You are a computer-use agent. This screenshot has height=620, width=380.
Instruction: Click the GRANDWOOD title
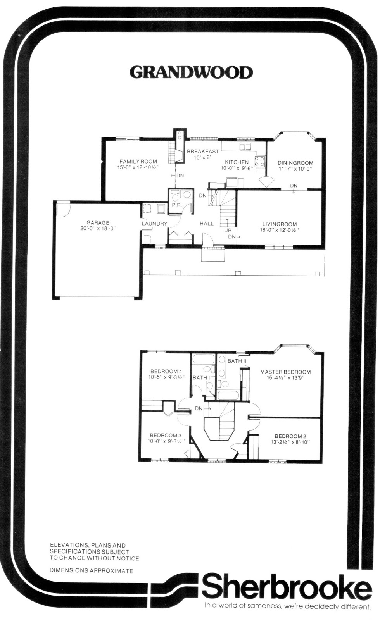pyautogui.click(x=191, y=72)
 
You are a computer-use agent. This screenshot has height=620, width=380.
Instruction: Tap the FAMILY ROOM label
pyautogui.click(x=138, y=161)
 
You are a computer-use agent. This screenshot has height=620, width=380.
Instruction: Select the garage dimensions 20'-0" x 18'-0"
pyautogui.click(x=98, y=229)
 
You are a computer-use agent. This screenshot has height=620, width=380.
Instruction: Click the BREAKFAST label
pyautogui.click(x=203, y=152)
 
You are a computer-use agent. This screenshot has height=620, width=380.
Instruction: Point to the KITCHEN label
pyautogui.click(x=237, y=162)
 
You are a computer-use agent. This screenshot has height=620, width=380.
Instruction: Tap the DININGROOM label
pyautogui.click(x=295, y=163)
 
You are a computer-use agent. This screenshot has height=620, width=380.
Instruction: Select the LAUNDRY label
pyautogui.click(x=154, y=224)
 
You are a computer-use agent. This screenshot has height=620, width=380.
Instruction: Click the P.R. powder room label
pyautogui.click(x=177, y=206)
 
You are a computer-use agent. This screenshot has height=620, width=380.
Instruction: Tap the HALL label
pyautogui.click(x=207, y=223)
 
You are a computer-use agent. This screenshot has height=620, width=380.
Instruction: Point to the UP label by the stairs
pyautogui.click(x=228, y=230)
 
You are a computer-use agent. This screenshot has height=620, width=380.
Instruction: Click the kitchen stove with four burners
pyautogui.click(x=260, y=162)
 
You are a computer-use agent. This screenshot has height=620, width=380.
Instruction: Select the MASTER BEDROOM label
pyautogui.click(x=285, y=372)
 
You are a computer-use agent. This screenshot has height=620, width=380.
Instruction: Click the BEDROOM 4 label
pyautogui.click(x=166, y=372)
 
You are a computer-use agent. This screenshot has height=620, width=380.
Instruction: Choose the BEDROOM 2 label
pyautogui.click(x=290, y=436)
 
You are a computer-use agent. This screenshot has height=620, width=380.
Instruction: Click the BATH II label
pyautogui.click(x=237, y=361)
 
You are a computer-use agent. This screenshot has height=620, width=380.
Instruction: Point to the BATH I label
pyautogui.click(x=201, y=377)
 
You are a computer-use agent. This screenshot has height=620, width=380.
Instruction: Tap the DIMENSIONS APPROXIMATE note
pyautogui.click(x=91, y=570)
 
